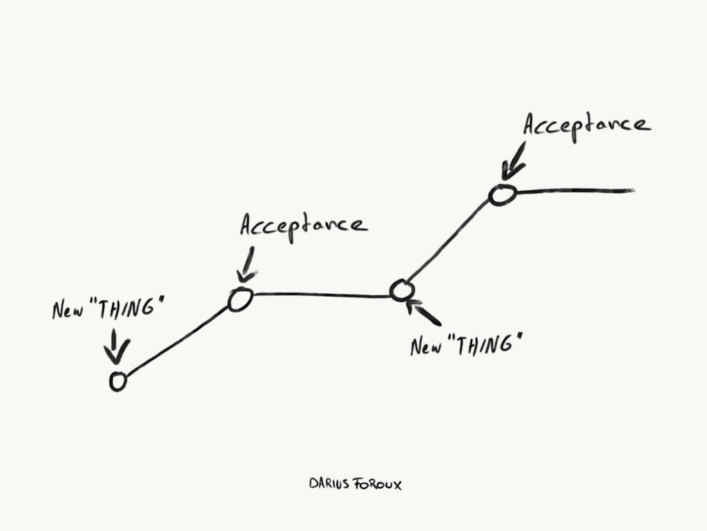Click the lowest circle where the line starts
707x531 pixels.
click(x=118, y=381)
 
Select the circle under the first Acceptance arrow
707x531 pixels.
click(x=240, y=300)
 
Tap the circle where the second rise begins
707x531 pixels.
click(x=401, y=290)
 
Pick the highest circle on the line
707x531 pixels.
click(x=502, y=196)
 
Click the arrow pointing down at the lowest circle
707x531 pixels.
click(x=116, y=346)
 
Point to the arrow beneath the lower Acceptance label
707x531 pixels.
click(x=247, y=265)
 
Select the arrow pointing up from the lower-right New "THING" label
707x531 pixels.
click(x=423, y=313)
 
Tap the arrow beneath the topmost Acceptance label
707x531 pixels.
click(x=514, y=162)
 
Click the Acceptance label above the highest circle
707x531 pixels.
click(x=585, y=126)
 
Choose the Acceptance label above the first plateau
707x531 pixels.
click(x=304, y=225)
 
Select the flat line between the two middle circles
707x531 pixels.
click(x=321, y=295)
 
